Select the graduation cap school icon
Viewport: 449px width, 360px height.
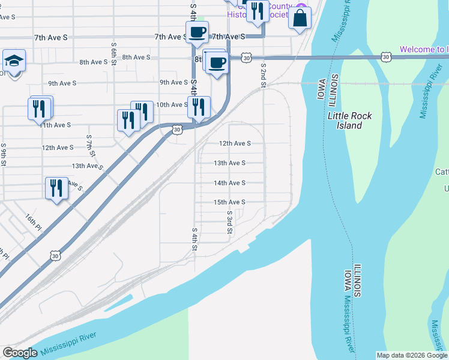click(13, 61)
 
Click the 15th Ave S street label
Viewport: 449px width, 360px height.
click(229, 202)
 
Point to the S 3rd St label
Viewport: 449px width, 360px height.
click(229, 222)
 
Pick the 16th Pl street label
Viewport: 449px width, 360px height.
click(34, 223)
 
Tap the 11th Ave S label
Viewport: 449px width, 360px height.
click(55, 125)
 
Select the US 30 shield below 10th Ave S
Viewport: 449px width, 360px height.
click(176, 129)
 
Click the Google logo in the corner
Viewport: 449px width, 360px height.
click(20, 353)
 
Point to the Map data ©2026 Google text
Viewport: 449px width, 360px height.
click(411, 355)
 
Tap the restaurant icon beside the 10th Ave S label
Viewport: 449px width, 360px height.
click(199, 107)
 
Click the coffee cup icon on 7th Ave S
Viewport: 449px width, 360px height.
click(196, 32)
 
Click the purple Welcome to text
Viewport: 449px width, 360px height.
click(423, 49)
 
